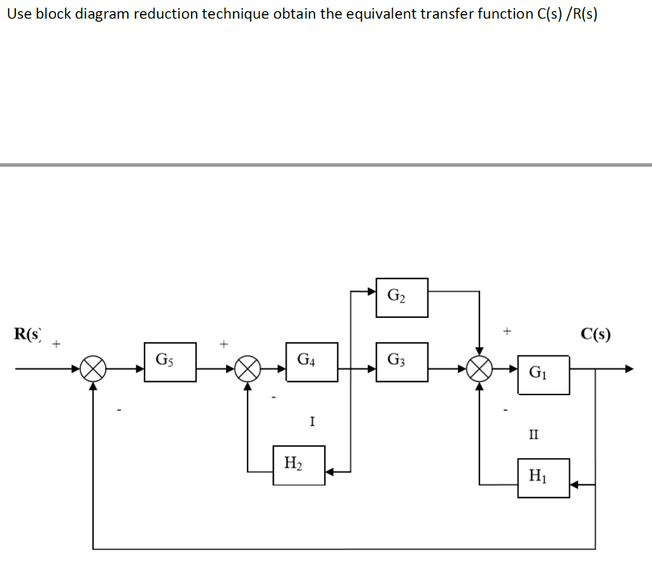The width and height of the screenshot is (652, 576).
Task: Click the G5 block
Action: tap(170, 362)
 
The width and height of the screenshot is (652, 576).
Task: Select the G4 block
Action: tap(312, 362)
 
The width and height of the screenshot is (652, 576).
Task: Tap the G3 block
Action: tap(402, 362)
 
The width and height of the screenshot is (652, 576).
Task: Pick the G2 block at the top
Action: tap(402, 298)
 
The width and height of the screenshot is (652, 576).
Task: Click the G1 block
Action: tap(543, 375)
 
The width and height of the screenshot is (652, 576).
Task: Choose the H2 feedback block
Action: tap(299, 465)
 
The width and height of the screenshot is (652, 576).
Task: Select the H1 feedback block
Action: tap(543, 478)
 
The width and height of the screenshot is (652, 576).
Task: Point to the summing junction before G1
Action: tap(479, 369)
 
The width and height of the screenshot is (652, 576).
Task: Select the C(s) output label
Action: tap(595, 334)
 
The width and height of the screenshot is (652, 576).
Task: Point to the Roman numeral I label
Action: tap(311, 421)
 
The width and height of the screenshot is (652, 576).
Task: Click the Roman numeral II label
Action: tap(533, 435)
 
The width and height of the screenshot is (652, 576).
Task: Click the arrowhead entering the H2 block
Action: tap(330, 472)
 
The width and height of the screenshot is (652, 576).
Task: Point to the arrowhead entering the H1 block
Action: tap(574, 485)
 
